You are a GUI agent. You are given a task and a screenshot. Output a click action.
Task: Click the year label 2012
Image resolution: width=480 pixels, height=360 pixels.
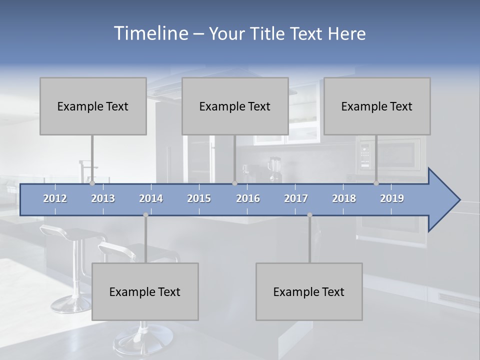[55, 198]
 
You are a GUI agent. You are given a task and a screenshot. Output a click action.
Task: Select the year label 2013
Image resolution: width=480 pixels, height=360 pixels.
[103, 198]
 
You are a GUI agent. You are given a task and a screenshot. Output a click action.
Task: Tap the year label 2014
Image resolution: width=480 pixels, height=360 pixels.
[151, 198]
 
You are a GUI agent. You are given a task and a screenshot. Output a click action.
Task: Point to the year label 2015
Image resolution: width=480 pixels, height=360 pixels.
[199, 198]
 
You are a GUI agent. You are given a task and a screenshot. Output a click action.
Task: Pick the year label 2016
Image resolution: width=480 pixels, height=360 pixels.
[248, 198]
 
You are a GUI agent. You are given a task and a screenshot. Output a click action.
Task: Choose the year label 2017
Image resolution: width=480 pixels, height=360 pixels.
[296, 198]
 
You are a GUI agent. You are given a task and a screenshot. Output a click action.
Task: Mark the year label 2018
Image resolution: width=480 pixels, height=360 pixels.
[344, 198]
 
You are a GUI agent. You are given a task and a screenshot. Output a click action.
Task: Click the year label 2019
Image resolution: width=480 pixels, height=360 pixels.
[392, 198]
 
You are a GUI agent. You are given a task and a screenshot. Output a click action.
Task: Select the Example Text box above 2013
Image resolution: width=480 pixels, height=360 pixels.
[93, 106]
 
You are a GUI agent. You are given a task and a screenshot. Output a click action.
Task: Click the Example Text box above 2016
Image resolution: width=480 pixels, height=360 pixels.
[235, 106]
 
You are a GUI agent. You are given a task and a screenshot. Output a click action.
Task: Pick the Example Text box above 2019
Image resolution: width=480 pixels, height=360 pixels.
[377, 106]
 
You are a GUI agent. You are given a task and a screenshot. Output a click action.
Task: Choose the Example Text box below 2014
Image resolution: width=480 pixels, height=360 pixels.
[145, 291]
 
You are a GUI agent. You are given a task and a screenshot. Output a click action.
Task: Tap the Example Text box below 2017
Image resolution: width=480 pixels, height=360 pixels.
[309, 291]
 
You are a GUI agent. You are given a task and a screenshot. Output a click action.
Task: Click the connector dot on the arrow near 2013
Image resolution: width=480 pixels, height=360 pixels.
[92, 183]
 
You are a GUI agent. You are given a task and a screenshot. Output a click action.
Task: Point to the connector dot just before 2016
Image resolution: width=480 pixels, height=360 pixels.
[234, 183]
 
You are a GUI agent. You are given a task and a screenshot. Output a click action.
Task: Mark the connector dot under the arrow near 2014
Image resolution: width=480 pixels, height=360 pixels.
[145, 215]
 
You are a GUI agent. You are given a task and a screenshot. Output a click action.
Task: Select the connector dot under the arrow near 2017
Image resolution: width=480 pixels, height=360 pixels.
[309, 215]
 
